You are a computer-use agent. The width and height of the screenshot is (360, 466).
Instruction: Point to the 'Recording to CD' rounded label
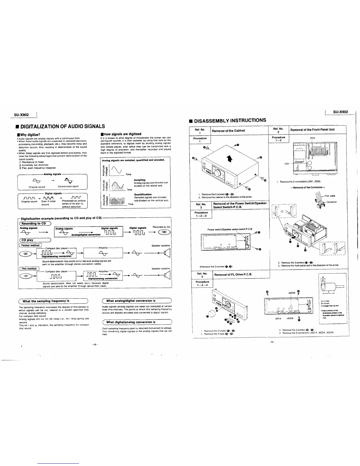pos(35,223)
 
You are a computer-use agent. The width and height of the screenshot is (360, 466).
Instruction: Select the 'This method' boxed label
pos(29,269)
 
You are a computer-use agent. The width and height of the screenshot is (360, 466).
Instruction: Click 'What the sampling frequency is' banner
pos(46,301)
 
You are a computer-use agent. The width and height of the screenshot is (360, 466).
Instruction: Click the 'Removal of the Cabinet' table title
pos(229,131)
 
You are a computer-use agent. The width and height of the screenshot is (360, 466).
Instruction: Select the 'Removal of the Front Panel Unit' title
pos(312,130)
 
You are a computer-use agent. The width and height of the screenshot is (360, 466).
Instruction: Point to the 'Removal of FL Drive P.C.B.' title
pos(233,275)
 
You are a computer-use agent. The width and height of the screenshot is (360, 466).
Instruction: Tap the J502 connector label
pos(313,138)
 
